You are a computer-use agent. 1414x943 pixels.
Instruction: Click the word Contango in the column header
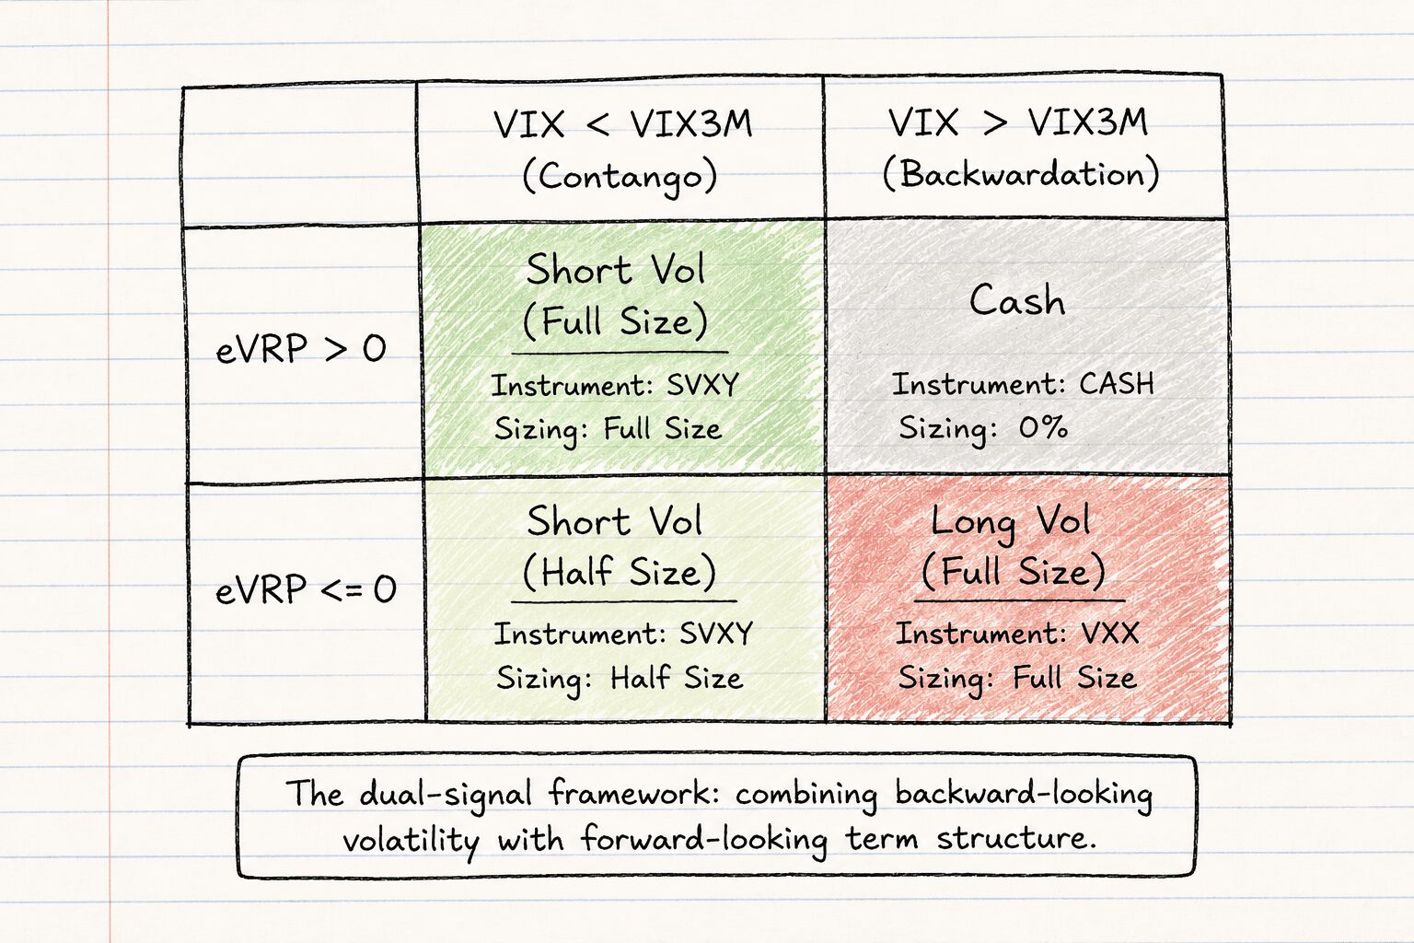[x=620, y=176]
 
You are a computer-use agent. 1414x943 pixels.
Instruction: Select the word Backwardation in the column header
[x=1021, y=173]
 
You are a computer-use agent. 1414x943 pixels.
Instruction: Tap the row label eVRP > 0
[x=300, y=349]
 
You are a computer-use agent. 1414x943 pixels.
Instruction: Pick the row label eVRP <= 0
[x=306, y=589]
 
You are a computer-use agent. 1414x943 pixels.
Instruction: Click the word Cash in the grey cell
[x=1017, y=300]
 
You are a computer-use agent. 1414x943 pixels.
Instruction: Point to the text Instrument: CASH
[x=1023, y=384]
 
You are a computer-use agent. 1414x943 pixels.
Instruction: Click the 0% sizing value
[x=1043, y=427]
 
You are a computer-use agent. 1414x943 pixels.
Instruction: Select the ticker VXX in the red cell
[x=1109, y=633]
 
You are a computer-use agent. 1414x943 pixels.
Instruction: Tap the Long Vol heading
[x=1010, y=522]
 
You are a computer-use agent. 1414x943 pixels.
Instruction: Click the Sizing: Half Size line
[x=620, y=679]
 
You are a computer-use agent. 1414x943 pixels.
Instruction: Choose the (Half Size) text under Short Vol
[x=620, y=572]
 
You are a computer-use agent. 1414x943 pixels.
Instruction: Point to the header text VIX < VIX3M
[x=622, y=123]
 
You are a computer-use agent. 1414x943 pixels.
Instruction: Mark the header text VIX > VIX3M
[x=1017, y=122]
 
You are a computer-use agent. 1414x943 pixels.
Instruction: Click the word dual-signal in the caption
[x=446, y=794]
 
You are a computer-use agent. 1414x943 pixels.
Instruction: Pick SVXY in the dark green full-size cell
[x=702, y=385]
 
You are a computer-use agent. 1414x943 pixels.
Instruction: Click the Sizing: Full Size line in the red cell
[x=1017, y=679]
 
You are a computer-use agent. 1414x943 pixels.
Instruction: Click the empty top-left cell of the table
[x=300, y=155]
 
